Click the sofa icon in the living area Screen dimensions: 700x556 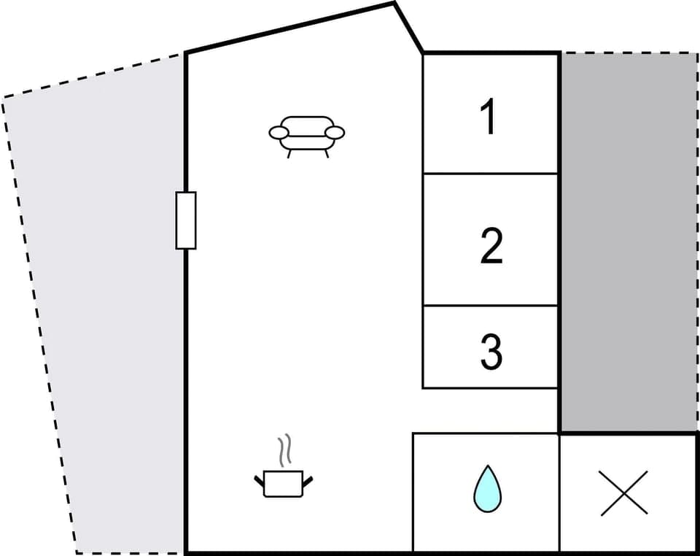tap(306, 136)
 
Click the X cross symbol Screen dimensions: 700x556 tap(624, 493)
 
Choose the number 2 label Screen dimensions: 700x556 tap(491, 246)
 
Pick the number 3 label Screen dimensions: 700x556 tap(491, 351)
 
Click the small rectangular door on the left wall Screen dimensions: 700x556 tap(186, 220)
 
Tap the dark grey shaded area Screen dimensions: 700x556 tap(629, 241)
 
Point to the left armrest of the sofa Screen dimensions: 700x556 tap(279, 132)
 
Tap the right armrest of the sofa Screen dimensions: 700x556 tap(334, 132)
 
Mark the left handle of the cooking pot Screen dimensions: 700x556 tap(259, 481)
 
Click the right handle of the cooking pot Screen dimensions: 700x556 tap(308, 481)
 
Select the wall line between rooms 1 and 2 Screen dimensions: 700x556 tap(490, 174)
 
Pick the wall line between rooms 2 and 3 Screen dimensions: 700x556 tap(490, 306)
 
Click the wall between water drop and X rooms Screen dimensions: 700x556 tap(559, 493)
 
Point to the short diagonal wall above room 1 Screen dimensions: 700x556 tap(408, 28)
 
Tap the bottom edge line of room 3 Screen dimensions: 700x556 tap(490, 387)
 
